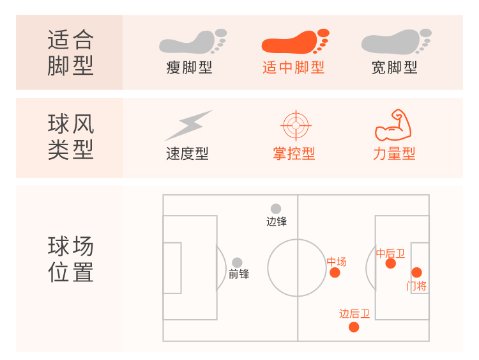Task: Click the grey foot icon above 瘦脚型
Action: point(192,42)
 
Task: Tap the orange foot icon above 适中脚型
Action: point(294,42)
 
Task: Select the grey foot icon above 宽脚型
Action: point(395,42)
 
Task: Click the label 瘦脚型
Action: point(189,68)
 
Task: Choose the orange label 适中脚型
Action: point(294,68)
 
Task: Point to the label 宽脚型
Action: point(395,68)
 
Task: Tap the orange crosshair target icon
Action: point(294,125)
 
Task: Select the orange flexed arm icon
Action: point(393,125)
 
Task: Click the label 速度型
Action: point(187,153)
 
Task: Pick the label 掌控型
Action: point(294,153)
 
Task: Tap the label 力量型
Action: point(395,153)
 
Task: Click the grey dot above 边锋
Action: point(276,208)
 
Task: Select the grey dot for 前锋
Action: point(237,263)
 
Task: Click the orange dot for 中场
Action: point(335,273)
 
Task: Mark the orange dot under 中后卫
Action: point(391,263)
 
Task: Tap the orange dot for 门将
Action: point(416,272)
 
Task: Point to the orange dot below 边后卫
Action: point(354,327)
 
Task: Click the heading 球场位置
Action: point(70,259)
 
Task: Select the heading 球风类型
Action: point(70,136)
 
